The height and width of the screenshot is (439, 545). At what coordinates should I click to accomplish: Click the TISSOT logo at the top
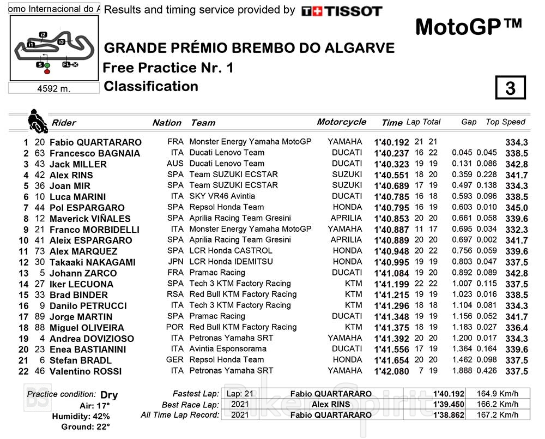pyautogui.click(x=342, y=11)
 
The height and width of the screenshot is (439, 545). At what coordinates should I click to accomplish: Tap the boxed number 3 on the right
pyautogui.click(x=510, y=88)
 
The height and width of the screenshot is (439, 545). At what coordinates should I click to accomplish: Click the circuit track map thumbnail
pyautogui.click(x=54, y=49)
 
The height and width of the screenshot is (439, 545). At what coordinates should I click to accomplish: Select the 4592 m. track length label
pyautogui.click(x=54, y=88)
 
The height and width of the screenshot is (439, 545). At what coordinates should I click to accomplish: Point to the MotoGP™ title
pyautogui.click(x=468, y=26)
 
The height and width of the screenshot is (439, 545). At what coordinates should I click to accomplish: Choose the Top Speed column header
pyautogui.click(x=505, y=122)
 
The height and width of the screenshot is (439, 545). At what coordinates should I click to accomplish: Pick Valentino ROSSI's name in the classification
pyautogui.click(x=86, y=371)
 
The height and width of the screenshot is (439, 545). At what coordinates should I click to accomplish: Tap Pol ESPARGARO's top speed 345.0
pyautogui.click(x=516, y=208)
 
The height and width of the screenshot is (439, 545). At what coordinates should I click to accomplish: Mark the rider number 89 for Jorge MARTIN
pyautogui.click(x=40, y=317)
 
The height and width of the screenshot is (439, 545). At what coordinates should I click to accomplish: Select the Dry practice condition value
pyautogui.click(x=109, y=395)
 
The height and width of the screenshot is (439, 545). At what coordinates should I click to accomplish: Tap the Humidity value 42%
pyautogui.click(x=100, y=417)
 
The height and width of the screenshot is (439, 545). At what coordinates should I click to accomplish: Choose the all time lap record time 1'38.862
pyautogui.click(x=449, y=415)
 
